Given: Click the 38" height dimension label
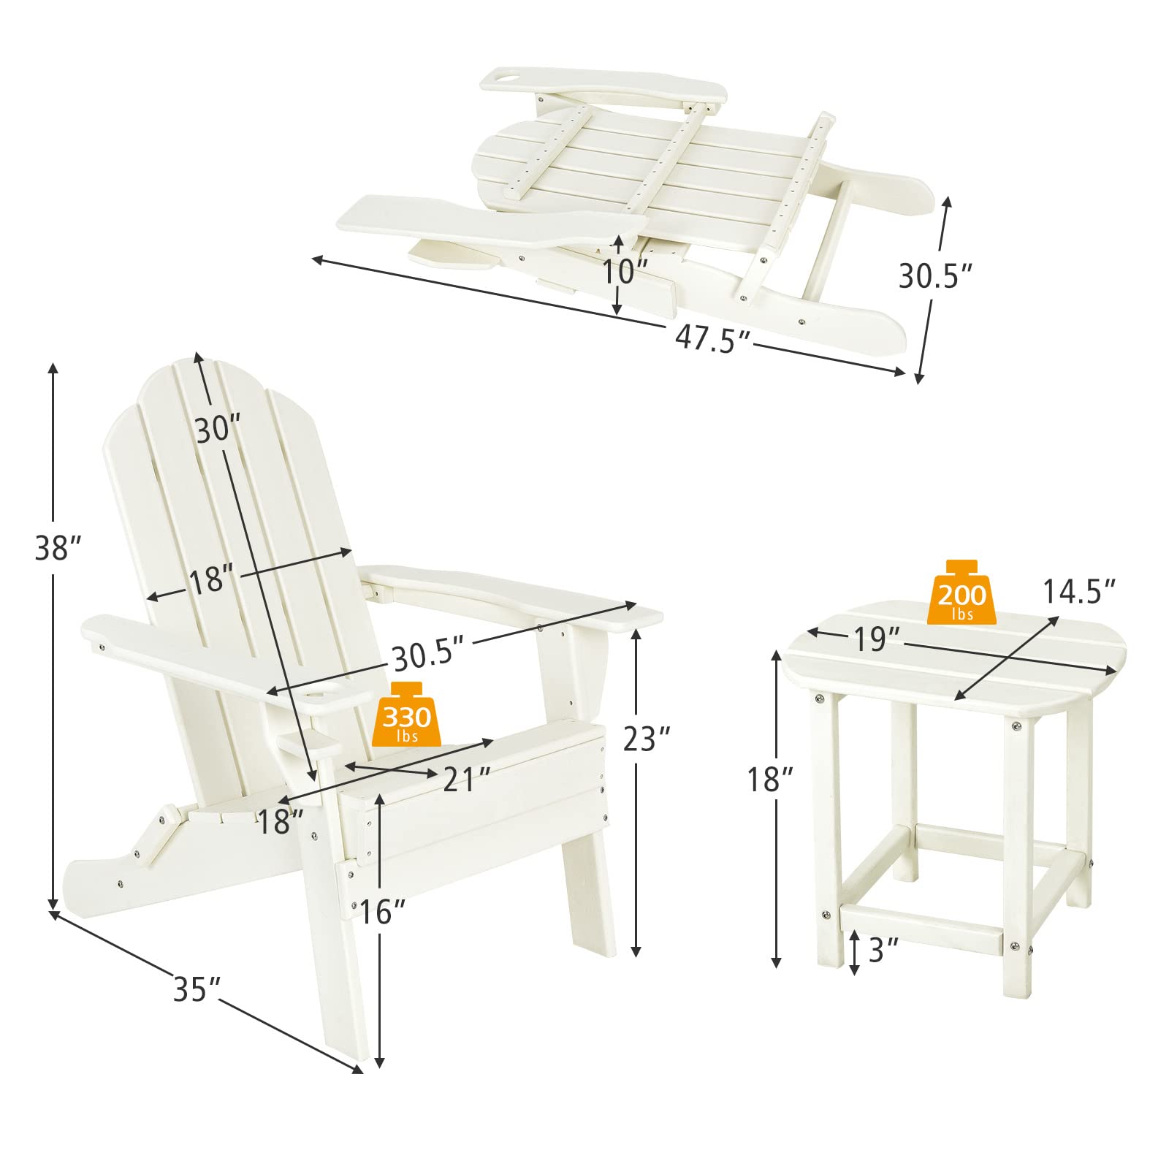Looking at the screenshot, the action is (57, 549).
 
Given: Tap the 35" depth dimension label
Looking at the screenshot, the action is (197, 989).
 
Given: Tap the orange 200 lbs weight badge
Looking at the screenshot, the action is (962, 593).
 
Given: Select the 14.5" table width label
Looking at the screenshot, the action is (1079, 591).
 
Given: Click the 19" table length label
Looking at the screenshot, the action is (877, 639).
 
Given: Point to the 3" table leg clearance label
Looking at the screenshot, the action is (883, 950).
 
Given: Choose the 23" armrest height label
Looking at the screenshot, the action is (647, 739).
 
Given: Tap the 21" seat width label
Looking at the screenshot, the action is (467, 780).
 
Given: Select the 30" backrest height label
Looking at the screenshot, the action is (218, 429).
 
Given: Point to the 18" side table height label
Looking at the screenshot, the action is (769, 780).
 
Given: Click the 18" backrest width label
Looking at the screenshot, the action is (212, 580).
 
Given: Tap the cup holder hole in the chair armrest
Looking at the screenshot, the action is (322, 690).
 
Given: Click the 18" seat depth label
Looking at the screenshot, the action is (280, 822).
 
